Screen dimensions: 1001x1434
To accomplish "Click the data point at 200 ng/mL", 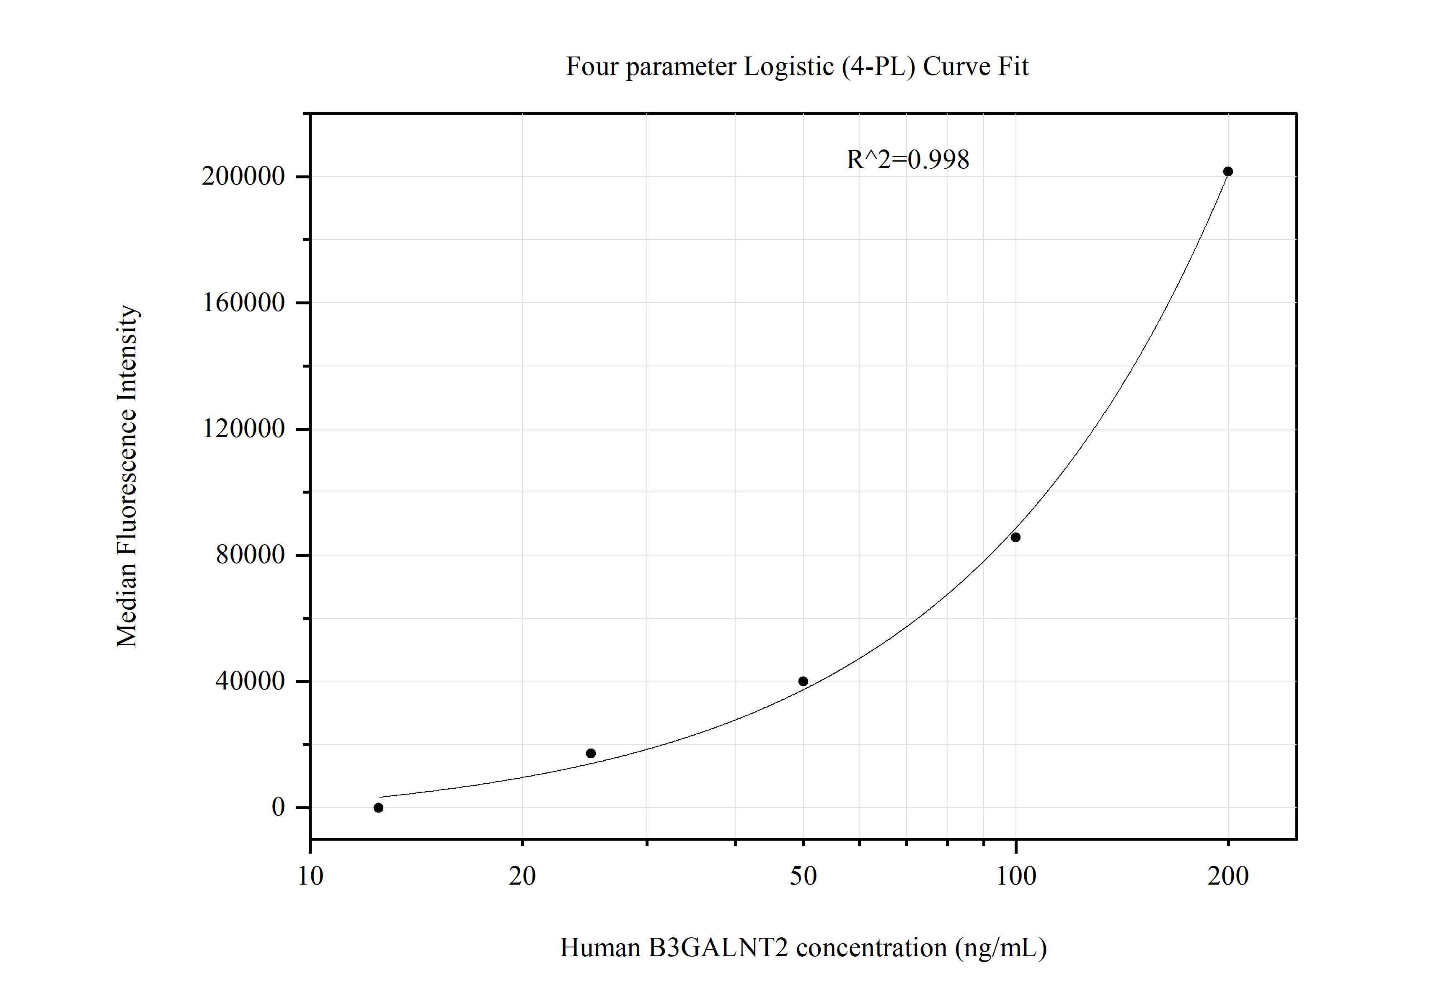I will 1228,172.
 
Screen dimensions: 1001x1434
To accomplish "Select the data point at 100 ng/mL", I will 1015,537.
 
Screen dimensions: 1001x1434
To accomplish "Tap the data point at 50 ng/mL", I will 803,682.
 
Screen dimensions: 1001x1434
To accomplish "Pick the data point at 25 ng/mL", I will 591,753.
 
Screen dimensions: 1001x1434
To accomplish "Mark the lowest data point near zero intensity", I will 378,808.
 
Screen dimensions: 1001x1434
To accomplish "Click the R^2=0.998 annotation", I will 907,160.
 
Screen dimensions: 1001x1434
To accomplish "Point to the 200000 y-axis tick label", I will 243,177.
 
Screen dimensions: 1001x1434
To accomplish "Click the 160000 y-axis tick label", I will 243,303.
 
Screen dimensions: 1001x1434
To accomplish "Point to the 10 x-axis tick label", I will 310,877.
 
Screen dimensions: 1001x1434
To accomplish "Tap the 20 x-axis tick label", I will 522,877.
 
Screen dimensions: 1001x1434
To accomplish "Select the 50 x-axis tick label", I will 803,877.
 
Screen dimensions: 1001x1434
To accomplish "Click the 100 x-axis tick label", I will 1015,877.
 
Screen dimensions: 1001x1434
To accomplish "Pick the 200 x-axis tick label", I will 1228,877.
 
